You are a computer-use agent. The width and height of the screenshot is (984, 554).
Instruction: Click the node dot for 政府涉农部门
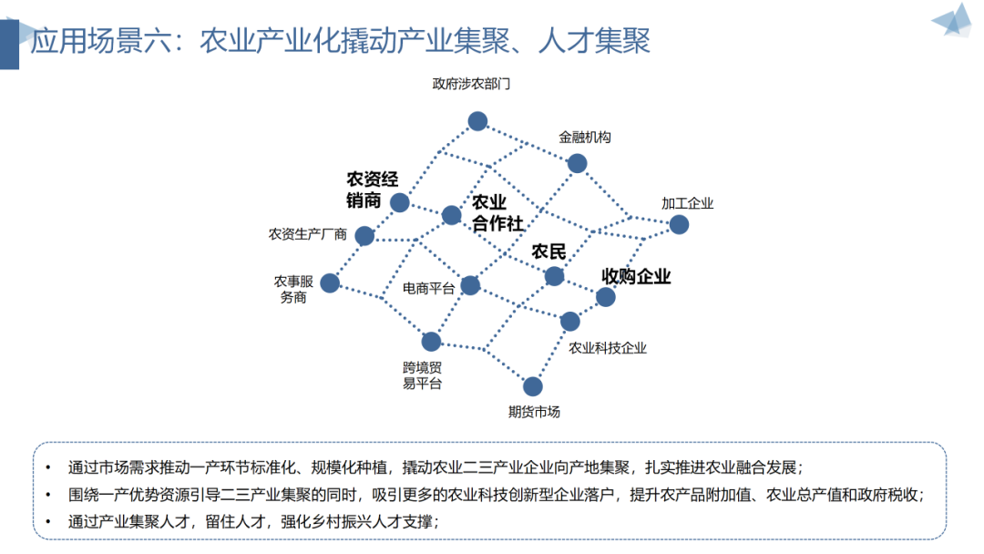tap(477, 120)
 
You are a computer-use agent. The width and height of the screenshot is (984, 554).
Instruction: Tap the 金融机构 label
tap(584, 138)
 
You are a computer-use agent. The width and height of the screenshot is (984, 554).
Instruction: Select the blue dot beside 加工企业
tap(679, 224)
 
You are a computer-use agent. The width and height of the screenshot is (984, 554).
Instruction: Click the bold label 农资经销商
tap(372, 190)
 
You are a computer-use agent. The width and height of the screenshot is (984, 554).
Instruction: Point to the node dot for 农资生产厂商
tap(364, 236)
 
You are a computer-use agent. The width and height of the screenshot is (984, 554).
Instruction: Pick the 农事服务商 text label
tap(293, 289)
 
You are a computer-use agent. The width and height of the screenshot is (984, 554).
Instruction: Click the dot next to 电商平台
tap(470, 285)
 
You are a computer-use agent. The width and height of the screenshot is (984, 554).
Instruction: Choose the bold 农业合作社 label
tap(497, 213)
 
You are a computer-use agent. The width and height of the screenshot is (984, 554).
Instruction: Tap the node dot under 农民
tap(554, 275)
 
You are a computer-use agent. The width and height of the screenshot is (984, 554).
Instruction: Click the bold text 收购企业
tap(636, 276)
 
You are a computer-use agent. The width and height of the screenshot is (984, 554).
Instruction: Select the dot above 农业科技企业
tap(569, 321)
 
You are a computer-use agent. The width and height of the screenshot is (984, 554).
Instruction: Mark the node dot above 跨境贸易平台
tap(431, 342)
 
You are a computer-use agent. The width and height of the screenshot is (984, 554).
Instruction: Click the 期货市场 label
tap(534, 412)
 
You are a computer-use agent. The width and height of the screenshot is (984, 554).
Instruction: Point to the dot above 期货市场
tap(533, 386)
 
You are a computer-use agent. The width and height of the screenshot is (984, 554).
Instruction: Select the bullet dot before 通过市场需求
tap(47, 467)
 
